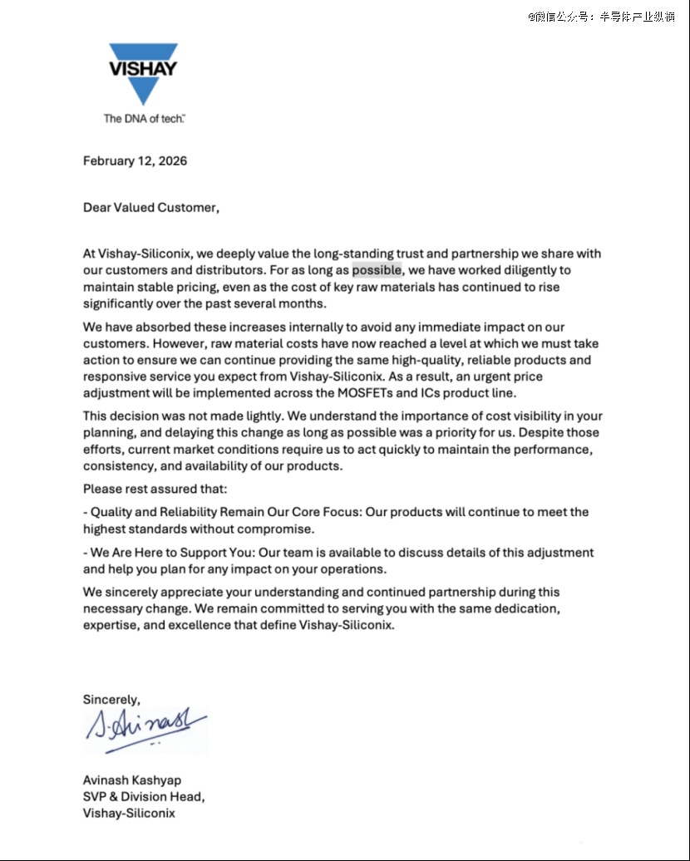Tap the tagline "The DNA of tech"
144,119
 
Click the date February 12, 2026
135,161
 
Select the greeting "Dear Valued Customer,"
151,208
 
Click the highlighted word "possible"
377,270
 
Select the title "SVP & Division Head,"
144,797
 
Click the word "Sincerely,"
111,699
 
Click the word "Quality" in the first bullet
112,512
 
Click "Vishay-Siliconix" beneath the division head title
129,814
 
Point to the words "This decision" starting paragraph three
118,416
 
